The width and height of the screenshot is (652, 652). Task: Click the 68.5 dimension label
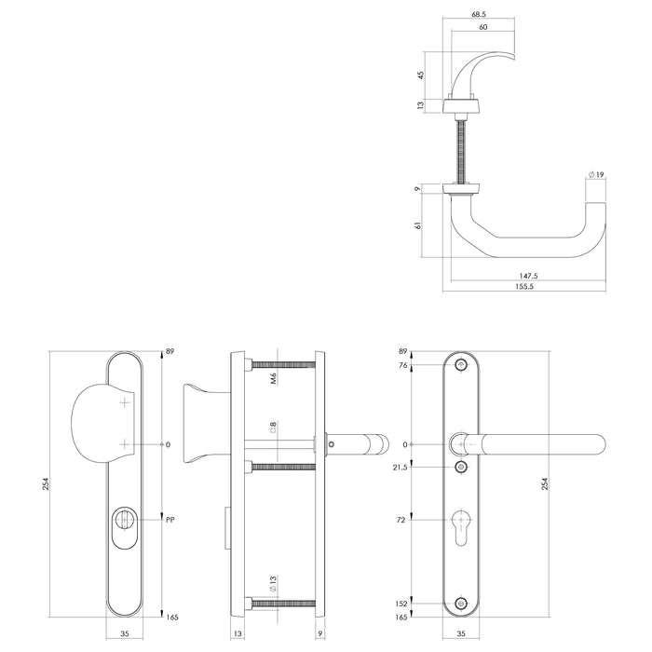[479, 15]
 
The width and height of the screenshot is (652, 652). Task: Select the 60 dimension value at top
[482, 28]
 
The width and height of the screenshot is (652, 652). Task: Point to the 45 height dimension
[422, 75]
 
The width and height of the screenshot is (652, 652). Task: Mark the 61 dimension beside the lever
[422, 224]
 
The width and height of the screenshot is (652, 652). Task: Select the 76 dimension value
[403, 365]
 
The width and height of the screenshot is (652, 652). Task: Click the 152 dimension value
[401, 604]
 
